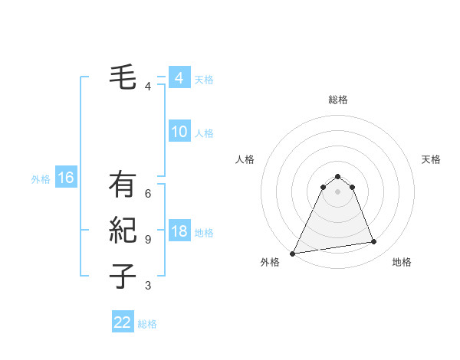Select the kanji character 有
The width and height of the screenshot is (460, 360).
123,185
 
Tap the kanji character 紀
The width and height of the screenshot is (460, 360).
123,230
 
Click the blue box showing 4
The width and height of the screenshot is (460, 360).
179,78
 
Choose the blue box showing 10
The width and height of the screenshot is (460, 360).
179,132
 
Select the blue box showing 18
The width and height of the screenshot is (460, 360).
179,231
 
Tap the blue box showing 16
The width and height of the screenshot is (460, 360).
66,178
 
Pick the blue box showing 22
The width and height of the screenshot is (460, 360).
123,322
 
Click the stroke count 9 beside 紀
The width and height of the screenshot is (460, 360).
148,239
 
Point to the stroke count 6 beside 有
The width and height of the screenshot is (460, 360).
148,194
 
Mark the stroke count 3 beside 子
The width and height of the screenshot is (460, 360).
148,286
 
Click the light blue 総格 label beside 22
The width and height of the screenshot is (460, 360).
147,324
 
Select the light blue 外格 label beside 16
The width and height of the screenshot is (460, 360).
41,179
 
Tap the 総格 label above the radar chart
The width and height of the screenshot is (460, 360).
338,100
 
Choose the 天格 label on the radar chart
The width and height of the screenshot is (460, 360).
431,159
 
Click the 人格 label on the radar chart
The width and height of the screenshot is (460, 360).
245,159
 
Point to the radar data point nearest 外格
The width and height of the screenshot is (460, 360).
293,254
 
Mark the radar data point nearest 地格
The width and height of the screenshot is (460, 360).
374,242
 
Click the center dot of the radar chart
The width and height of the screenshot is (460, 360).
338,192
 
